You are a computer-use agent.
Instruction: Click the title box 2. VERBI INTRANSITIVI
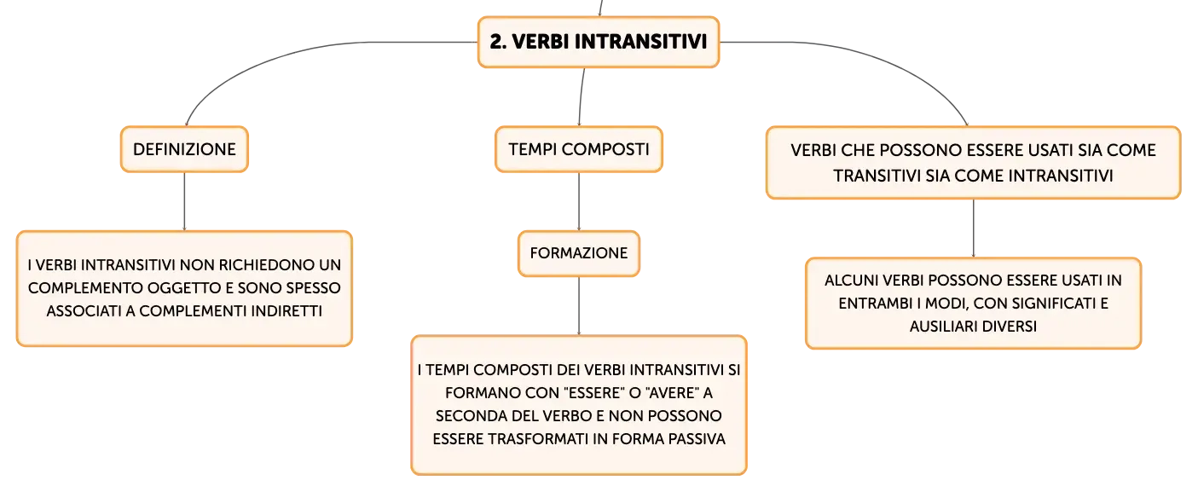pos(599,43)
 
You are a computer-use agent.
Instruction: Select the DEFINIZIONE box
pos(184,149)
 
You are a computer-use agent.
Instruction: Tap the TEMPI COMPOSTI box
pos(579,149)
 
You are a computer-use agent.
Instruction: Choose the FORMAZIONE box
pos(579,253)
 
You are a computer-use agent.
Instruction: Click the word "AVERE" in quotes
pos(672,393)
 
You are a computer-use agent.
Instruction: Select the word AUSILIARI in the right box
pos(945,327)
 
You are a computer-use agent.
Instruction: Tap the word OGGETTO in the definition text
pos(185,287)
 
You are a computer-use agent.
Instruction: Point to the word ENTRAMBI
pos(875,304)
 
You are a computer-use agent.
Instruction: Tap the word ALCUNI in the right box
pos(851,281)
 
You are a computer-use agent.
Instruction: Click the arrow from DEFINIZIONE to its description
pos(184,201)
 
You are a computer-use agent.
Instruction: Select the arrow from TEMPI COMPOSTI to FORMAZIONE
pos(579,201)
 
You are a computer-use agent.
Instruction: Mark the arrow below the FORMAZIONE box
pos(579,306)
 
